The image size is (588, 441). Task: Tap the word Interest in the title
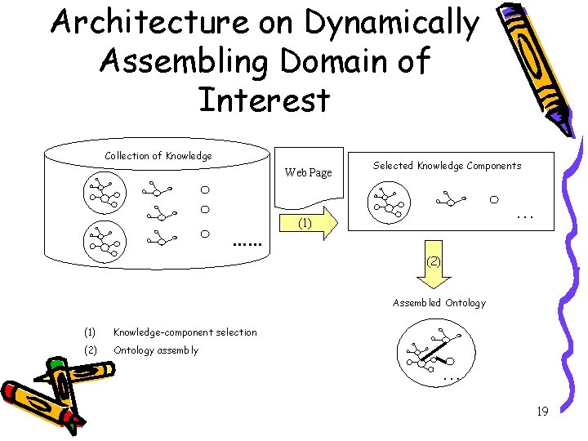[264, 100]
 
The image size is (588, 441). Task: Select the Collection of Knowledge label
[158, 156]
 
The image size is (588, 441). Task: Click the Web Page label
[308, 172]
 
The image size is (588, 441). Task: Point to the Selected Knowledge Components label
[447, 166]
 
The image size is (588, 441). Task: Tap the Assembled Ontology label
[439, 303]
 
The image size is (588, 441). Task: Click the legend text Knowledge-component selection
[185, 332]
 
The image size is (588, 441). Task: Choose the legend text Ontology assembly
[155, 350]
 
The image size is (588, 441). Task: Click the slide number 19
[541, 412]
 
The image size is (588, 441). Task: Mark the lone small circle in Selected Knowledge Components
[494, 198]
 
